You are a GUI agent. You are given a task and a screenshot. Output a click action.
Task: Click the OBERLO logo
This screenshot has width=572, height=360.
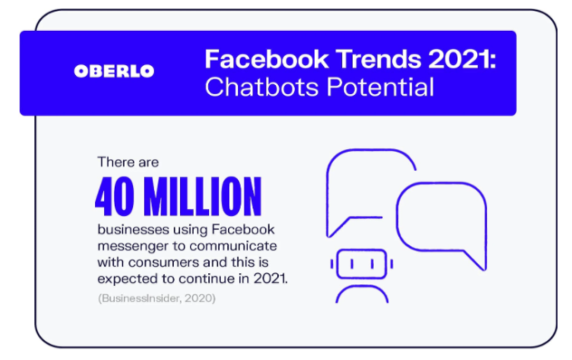113,71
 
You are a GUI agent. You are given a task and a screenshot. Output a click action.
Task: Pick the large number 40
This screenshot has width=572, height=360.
116,197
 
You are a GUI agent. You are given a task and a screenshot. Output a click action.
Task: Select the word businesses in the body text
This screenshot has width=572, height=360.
128,228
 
